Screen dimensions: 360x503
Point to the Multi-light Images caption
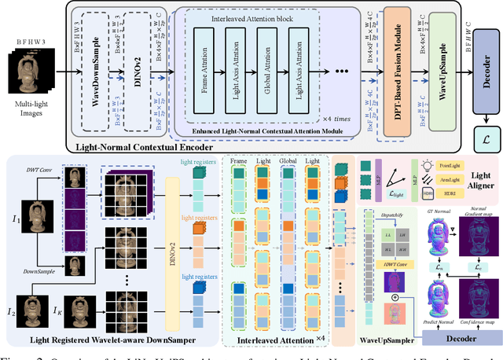(31, 102)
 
